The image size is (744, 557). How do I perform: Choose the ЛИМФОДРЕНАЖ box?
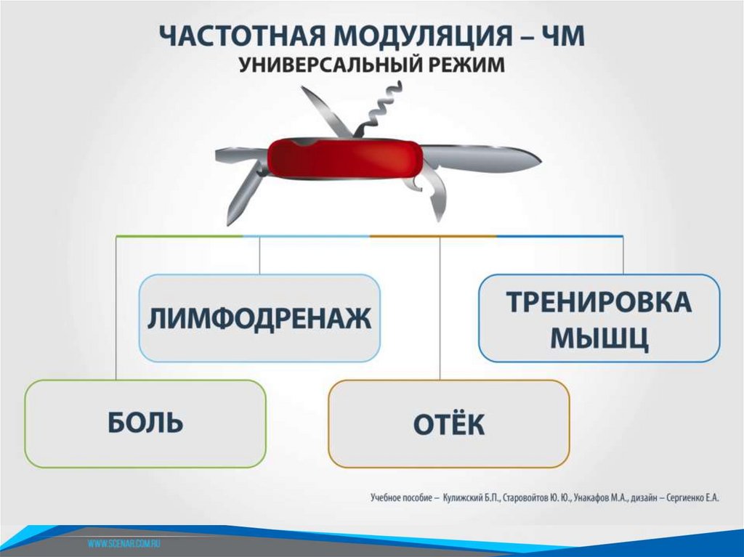pyautogui.click(x=259, y=318)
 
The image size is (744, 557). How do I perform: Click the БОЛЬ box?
pyautogui.click(x=145, y=423)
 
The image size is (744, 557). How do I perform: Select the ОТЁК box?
pyautogui.click(x=448, y=424)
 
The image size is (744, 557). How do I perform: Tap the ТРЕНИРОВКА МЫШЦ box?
pyautogui.click(x=599, y=318)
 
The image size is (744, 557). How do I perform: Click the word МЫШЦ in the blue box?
pyautogui.click(x=599, y=338)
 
